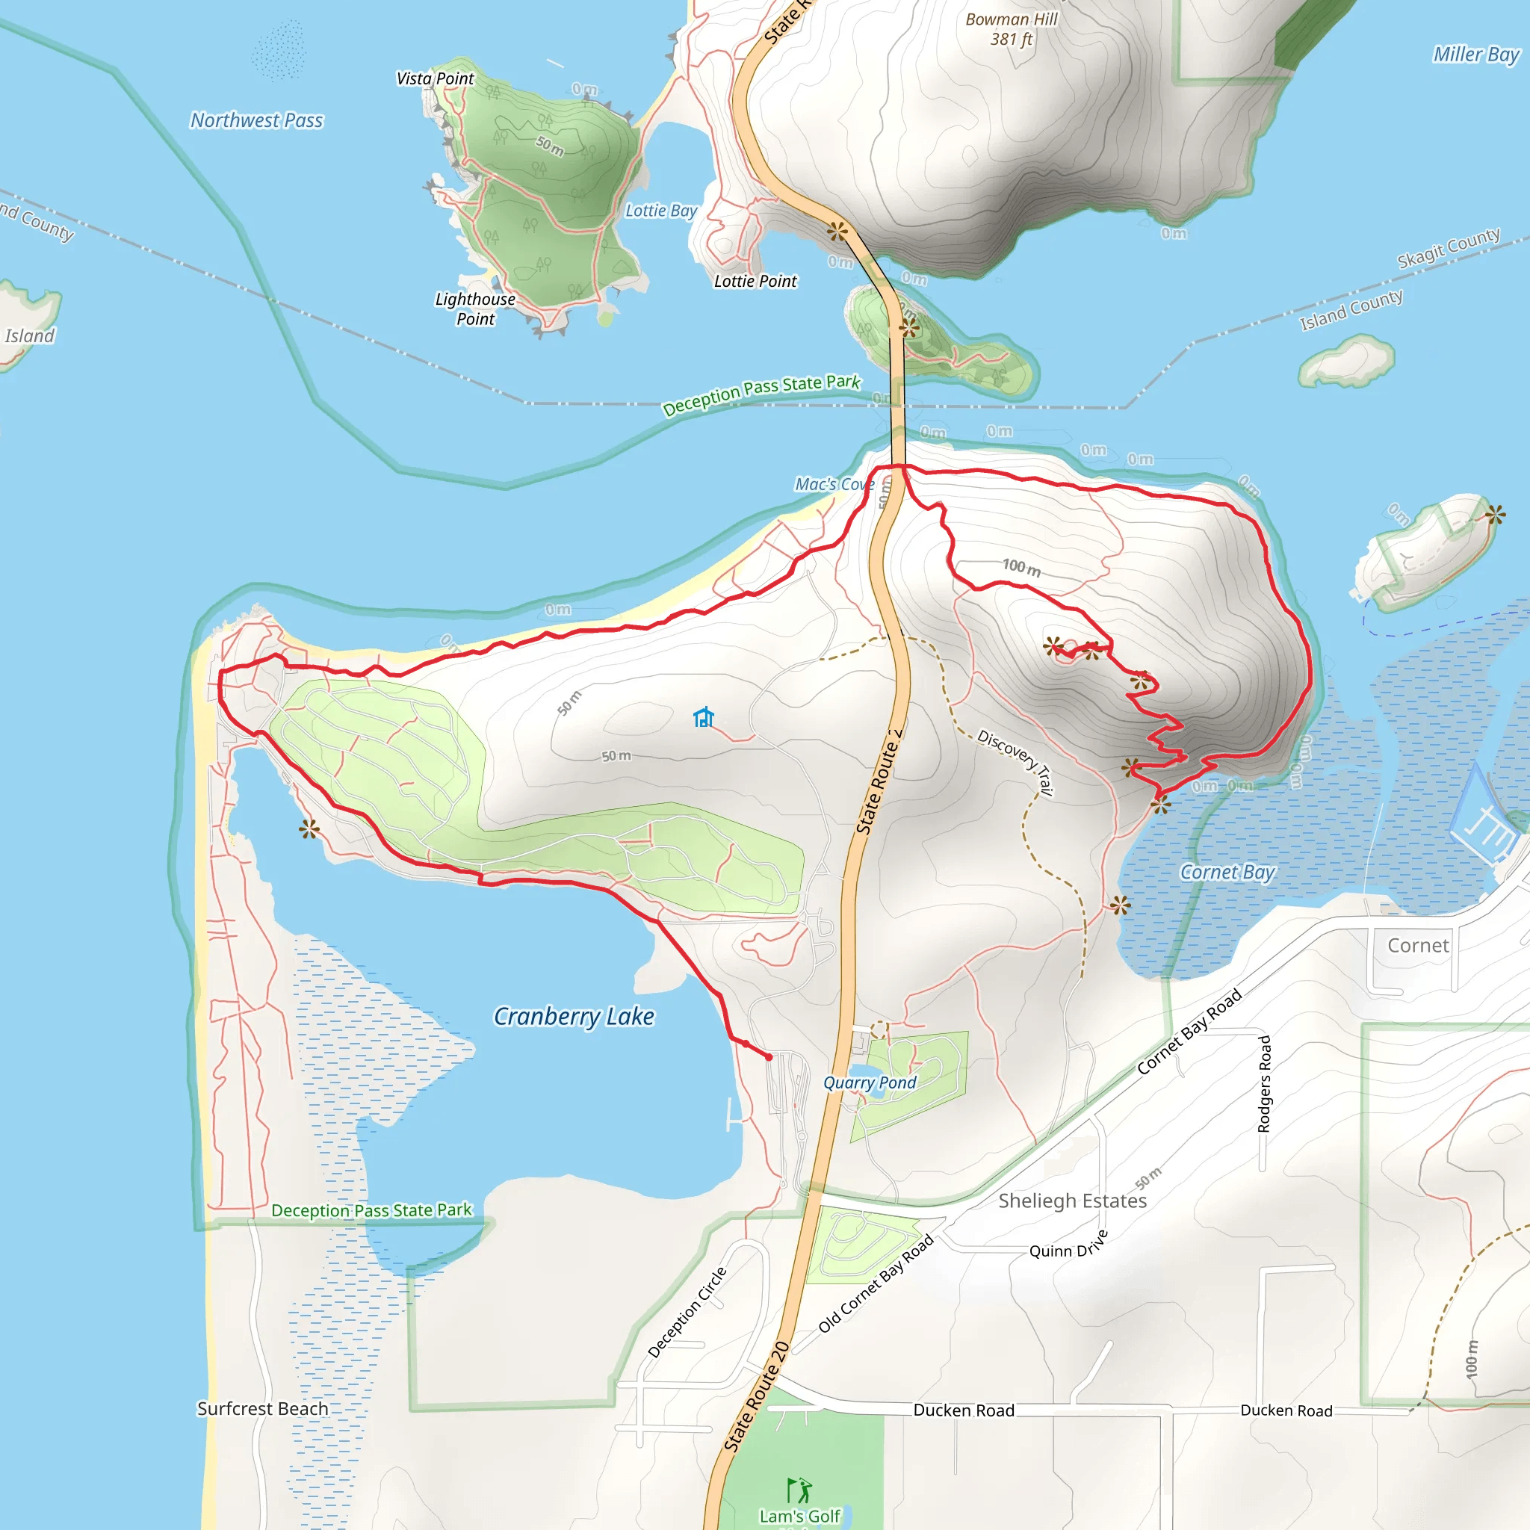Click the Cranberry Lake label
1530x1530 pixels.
574,1016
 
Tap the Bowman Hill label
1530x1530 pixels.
1012,28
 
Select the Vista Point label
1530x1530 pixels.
435,78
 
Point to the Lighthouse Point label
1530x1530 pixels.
475,309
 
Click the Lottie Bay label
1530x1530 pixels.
660,211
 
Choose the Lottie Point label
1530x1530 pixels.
755,281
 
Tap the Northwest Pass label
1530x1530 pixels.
256,120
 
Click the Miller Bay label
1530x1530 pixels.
1476,55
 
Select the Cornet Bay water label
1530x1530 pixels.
1227,872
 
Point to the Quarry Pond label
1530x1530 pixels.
870,1083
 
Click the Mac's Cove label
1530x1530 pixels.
834,484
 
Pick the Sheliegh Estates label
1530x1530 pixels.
1072,1201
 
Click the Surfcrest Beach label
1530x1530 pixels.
262,1409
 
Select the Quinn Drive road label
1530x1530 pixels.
1068,1245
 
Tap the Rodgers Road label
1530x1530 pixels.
1265,1083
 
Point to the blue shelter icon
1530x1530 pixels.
703,717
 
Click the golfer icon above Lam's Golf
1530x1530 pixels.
800,1490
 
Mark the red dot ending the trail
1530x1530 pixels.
769,1057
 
